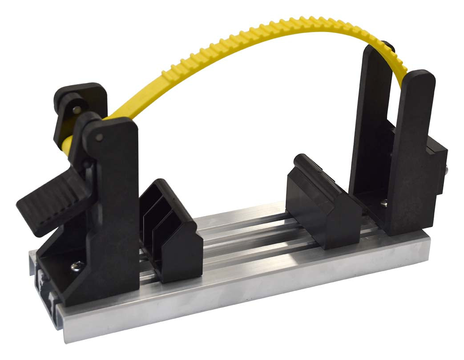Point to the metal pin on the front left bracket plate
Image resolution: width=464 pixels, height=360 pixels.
[100, 136]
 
